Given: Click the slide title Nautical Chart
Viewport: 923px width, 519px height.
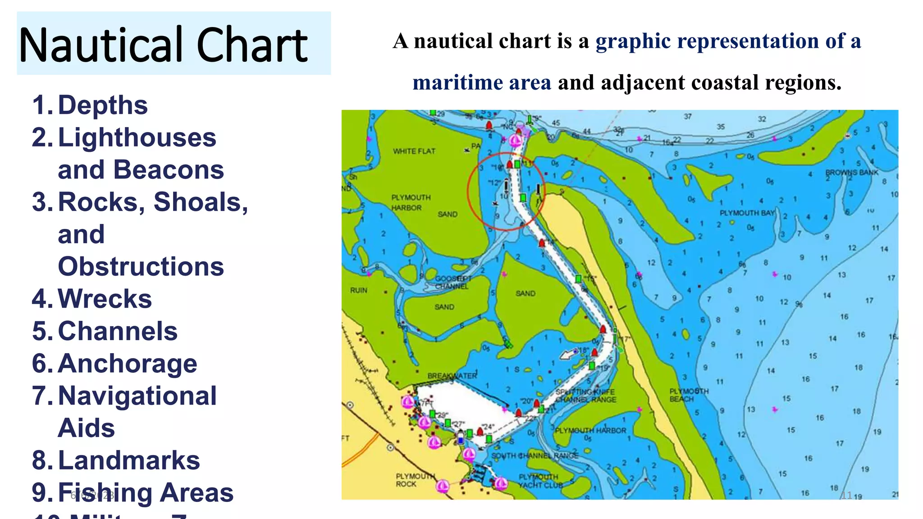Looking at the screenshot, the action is (x=163, y=45).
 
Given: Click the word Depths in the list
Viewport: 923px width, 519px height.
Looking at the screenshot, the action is (x=103, y=105).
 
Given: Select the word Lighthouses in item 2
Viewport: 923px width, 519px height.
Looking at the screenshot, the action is (x=137, y=137).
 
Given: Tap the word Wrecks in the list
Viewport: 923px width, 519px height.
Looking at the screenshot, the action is (x=105, y=299).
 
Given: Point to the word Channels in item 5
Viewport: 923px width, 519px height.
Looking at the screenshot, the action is (x=118, y=331).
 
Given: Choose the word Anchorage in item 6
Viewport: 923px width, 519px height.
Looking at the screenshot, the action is (x=128, y=364).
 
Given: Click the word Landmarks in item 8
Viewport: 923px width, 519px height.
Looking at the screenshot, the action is (x=129, y=460).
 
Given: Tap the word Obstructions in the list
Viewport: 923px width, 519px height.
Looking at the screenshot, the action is (x=141, y=267).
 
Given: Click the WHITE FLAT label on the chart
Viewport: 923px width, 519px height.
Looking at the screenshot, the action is (x=414, y=151).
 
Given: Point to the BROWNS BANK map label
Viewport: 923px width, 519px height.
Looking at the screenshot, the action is (x=852, y=173).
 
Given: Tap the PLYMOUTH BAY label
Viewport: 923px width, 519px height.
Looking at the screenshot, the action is (x=747, y=213).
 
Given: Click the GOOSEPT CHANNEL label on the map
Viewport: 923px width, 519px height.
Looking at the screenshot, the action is (x=452, y=282).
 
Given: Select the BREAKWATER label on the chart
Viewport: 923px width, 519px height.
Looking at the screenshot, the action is (x=452, y=376).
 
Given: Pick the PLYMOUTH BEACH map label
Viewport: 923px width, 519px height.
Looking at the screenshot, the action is (x=689, y=395).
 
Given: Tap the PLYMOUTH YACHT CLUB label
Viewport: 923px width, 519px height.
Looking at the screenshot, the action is (x=540, y=481).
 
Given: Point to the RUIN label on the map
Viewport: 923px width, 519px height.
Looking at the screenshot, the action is (x=359, y=291).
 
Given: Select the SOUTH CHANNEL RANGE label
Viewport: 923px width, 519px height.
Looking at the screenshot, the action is (x=535, y=456).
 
